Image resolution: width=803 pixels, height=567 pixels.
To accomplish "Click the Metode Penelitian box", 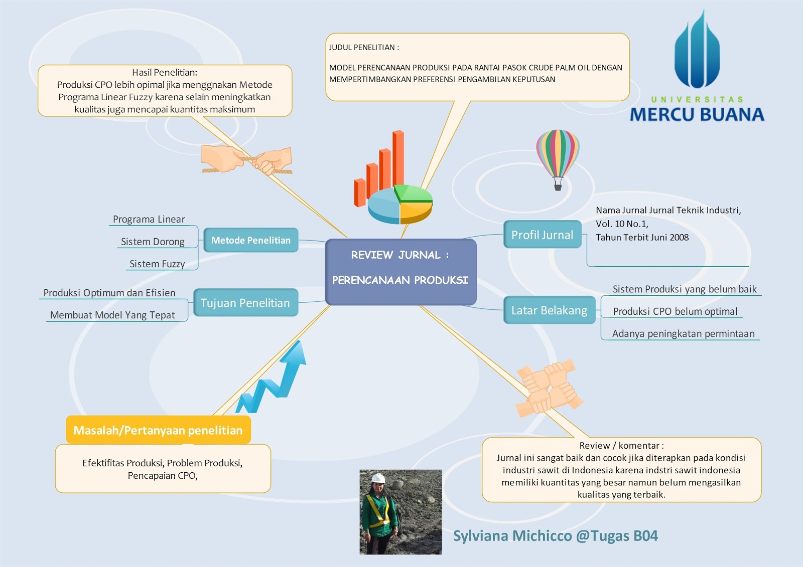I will pyautogui.click(x=250, y=240).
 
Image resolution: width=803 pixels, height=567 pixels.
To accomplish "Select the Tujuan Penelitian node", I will pyautogui.click(x=245, y=303).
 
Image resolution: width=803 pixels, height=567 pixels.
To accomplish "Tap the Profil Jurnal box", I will pyautogui.click(x=542, y=235).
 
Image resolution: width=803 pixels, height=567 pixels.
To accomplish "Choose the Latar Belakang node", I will pyautogui.click(x=549, y=310).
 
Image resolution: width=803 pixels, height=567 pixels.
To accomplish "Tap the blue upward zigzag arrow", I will pyautogui.click(x=274, y=379).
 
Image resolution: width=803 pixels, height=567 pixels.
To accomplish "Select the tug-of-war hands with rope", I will pyautogui.click(x=247, y=159).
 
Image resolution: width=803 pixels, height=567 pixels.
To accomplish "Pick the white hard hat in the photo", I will pyautogui.click(x=378, y=478).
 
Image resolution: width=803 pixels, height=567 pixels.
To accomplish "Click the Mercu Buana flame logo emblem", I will pyautogui.click(x=697, y=53).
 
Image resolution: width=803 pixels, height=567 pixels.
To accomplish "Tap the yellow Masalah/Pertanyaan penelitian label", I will pyautogui.click(x=158, y=430).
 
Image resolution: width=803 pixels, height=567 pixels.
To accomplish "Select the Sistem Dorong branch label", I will pyautogui.click(x=153, y=242).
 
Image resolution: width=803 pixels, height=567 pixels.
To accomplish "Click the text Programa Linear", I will pyautogui.click(x=149, y=219).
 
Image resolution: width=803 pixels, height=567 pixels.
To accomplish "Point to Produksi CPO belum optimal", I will pyautogui.click(x=675, y=311).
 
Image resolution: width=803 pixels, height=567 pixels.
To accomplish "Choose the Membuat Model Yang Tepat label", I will pyautogui.click(x=112, y=315).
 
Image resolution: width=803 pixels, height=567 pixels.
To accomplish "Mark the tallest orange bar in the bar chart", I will pyautogui.click(x=398, y=158).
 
